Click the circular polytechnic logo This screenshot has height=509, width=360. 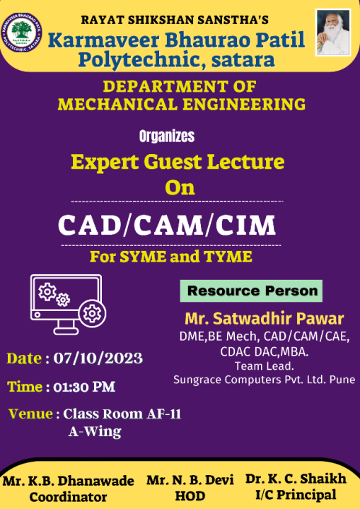[x=22, y=33]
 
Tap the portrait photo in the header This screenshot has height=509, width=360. [x=332, y=33]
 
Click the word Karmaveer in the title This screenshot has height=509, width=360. [x=104, y=40]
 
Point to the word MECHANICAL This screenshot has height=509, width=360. [x=117, y=105]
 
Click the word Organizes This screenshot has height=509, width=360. [x=167, y=136]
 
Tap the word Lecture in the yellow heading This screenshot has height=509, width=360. [x=246, y=162]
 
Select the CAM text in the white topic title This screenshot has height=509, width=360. [x=168, y=226]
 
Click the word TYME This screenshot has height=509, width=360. [x=228, y=257]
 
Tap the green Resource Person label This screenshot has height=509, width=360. [x=252, y=291]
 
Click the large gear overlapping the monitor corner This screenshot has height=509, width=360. [x=92, y=314]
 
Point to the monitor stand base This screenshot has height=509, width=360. [x=66, y=331]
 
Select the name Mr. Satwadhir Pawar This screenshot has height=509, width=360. [x=265, y=319]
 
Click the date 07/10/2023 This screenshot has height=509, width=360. [x=98, y=358]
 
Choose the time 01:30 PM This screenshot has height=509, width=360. [x=84, y=387]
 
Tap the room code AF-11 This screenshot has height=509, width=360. [x=164, y=414]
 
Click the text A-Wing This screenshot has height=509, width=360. [x=95, y=432]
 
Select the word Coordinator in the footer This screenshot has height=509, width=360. [x=68, y=497]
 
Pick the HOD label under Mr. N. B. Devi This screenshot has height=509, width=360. [x=190, y=496]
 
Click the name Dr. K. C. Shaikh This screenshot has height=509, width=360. [x=296, y=479]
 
